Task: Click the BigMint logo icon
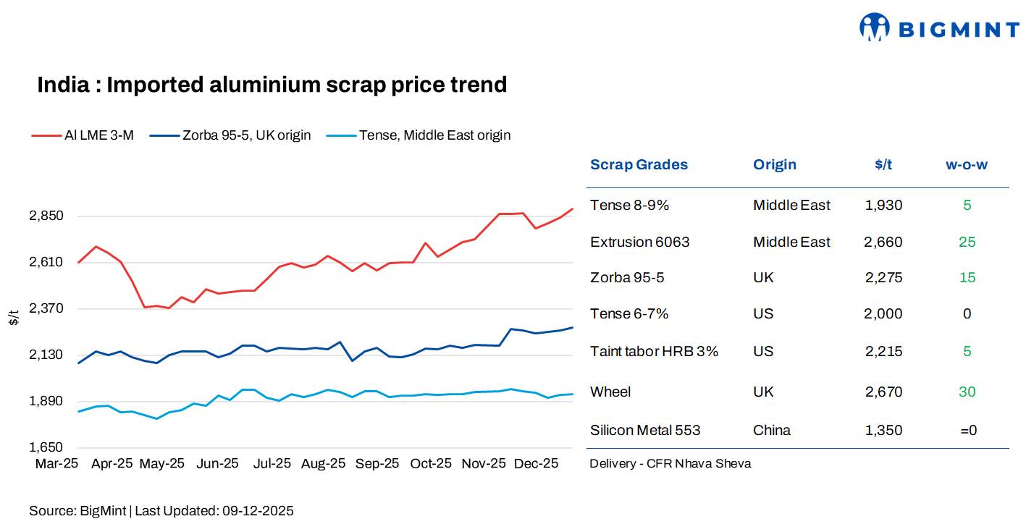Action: pos(874,28)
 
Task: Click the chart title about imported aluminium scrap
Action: pos(272,85)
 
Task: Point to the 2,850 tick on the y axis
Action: pos(46,216)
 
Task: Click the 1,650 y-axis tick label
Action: pos(46,448)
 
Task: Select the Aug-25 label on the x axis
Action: pos(324,464)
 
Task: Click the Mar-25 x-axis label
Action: pos(56,464)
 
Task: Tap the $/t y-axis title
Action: pos(14,317)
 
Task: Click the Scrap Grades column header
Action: pos(639,164)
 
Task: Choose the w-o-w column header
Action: pos(967,164)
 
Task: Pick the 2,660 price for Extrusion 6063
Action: pos(883,242)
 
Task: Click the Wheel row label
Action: pos(610,392)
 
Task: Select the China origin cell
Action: pos(772,430)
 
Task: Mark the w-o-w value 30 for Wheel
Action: pos(967,392)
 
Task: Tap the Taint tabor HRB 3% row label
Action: pos(654,351)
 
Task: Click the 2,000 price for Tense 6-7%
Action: pos(883,313)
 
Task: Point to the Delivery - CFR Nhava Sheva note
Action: pos(670,463)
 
